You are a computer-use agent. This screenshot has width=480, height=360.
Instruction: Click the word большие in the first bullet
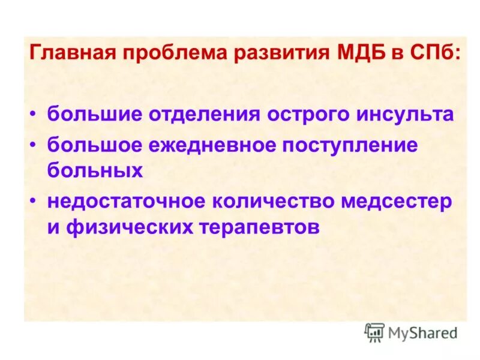pos(93,114)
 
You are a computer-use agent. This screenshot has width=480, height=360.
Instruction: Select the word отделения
pos(199,114)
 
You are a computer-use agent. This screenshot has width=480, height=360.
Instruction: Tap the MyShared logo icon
pos(375,332)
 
